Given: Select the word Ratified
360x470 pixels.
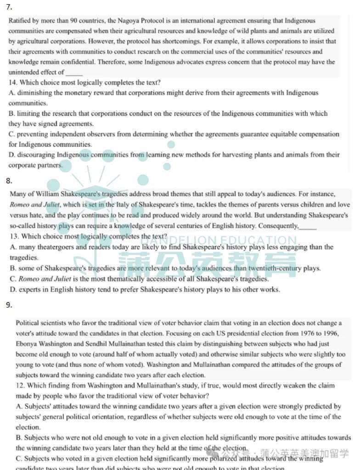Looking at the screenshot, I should (x=21, y=21).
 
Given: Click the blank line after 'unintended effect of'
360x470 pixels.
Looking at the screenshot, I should (x=74, y=73).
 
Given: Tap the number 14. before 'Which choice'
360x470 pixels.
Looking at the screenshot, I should (x=13, y=83).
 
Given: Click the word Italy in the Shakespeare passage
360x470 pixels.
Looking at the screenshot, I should (x=113, y=204).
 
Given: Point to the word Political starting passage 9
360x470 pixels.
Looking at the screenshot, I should (x=28, y=323).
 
